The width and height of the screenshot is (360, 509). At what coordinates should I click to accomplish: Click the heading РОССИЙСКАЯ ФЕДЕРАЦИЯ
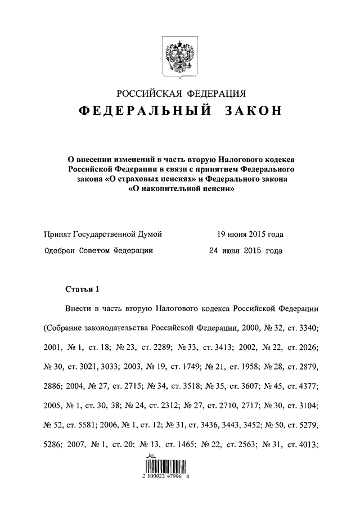point(181,93)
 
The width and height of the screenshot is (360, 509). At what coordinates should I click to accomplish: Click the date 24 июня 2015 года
point(245,251)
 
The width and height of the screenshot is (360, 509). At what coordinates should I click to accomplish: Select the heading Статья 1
point(82,290)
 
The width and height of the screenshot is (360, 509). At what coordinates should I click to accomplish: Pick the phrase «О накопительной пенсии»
point(180,190)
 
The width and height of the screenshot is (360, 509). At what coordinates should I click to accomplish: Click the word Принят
point(57,234)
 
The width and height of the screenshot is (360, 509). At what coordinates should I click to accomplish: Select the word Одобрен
point(59,251)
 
